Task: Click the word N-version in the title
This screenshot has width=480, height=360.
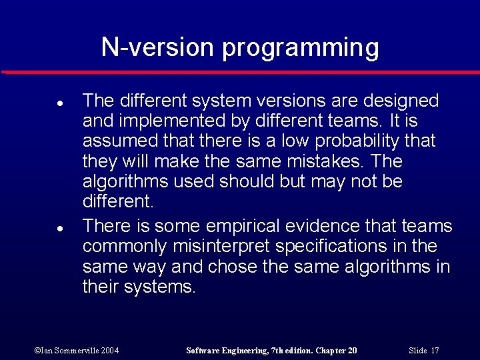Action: coord(158,48)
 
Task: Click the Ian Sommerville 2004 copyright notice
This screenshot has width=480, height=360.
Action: coord(76,351)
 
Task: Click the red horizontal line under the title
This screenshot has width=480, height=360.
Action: coord(240,71)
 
